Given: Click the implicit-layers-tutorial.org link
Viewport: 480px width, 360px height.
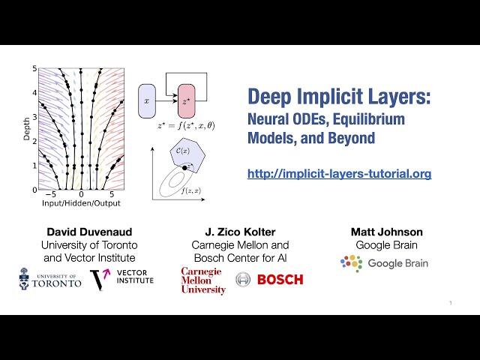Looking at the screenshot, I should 339,174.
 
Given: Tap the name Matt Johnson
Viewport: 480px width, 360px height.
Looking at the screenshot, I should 387,232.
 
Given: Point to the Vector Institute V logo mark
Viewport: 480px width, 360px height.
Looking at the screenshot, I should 99,280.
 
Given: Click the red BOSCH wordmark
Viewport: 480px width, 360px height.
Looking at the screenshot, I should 280,280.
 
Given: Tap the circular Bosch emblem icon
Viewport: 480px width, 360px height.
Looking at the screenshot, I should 242,280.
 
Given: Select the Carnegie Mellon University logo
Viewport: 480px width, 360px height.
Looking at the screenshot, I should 202,280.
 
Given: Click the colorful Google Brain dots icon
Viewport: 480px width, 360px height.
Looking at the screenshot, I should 350,263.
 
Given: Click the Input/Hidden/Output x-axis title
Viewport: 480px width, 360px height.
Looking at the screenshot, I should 82,203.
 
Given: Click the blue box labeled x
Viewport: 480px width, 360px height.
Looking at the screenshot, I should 146,100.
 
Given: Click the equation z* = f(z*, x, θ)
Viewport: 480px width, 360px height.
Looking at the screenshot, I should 185,125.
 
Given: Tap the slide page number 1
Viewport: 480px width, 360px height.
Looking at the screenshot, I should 450,303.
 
